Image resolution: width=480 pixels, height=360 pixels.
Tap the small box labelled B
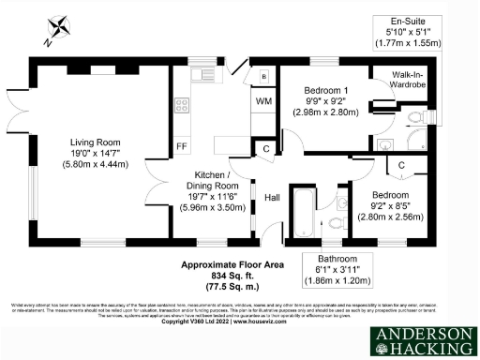pyautogui.click(x=264, y=75)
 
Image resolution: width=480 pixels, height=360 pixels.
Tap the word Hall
pyautogui.click(x=272, y=198)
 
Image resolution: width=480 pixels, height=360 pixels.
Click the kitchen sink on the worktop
pyautogui.click(x=201, y=74)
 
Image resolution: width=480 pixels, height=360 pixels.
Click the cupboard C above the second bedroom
pyautogui.click(x=400, y=166)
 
